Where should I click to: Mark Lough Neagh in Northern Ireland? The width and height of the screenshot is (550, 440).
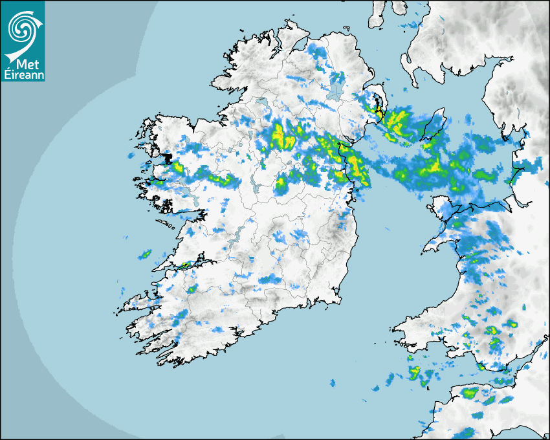click(x=336, y=85)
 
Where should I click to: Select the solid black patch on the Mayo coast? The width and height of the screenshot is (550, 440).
click(x=168, y=158)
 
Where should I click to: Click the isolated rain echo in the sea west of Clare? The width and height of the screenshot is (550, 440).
click(x=144, y=254)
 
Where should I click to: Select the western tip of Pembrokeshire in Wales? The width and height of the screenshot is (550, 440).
click(x=395, y=327)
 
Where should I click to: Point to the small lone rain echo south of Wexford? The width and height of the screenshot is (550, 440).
click(x=333, y=384)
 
